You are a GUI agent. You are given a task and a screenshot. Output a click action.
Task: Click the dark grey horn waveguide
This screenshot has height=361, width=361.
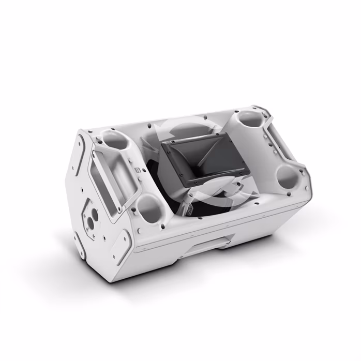[x=194, y=155]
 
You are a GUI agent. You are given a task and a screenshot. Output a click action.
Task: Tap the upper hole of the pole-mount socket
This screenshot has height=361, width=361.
[x=95, y=213]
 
